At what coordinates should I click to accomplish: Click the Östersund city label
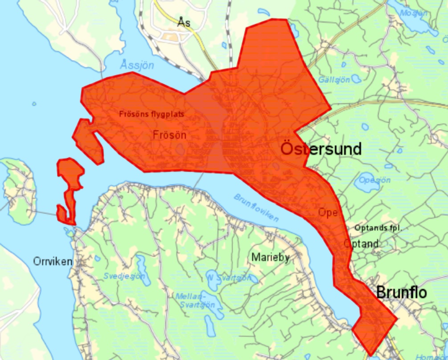(321, 149)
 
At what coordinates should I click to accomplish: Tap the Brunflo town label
(401, 292)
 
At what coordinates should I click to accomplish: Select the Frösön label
(169, 134)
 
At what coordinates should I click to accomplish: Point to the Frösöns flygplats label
(151, 113)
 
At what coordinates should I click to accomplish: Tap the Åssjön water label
(137, 65)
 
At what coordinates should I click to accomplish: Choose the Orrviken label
(53, 262)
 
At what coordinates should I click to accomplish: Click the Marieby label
(270, 257)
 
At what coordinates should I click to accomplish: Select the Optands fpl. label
(379, 228)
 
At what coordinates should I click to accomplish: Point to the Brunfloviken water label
(256, 208)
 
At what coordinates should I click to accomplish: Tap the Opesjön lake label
(375, 180)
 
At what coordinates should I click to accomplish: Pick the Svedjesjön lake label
(124, 276)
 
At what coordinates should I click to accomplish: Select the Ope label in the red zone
(327, 212)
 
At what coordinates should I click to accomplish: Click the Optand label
(361, 243)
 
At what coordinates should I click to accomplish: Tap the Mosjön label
(414, 13)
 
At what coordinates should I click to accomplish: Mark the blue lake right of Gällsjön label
(356, 79)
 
